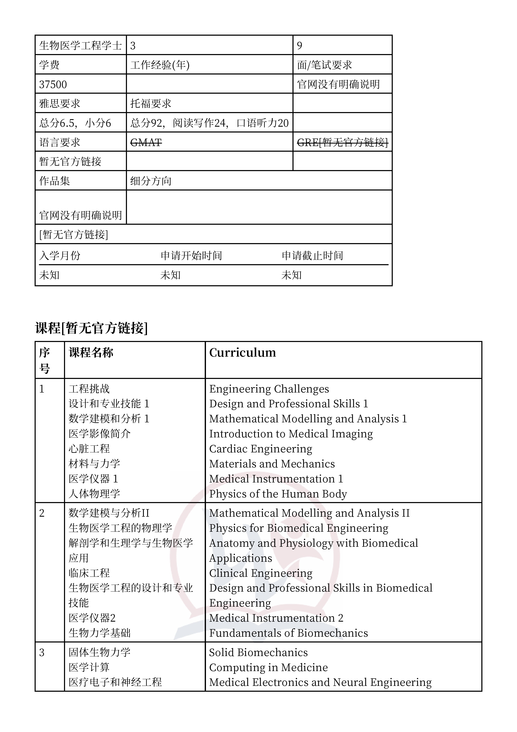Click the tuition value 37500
pyautogui.click(x=53, y=85)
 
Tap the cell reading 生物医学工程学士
pyautogui.click(x=80, y=45)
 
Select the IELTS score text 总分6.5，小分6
pyautogui.click(x=75, y=123)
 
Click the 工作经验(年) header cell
pyautogui.click(x=160, y=65)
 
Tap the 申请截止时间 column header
pyautogui.click(x=312, y=256)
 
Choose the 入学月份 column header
pyautogui.click(x=60, y=256)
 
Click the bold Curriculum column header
pyautogui.click(x=242, y=353)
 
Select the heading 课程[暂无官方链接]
pyautogui.click(x=92, y=328)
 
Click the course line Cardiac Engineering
pyautogui.click(x=261, y=449)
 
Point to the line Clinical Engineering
pyautogui.click(x=261, y=573)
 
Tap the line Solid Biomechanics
pyautogui.click(x=258, y=653)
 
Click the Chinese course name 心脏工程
pyautogui.click(x=89, y=449)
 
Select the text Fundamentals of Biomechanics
pyautogui.click(x=288, y=633)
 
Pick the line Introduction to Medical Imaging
pyautogui.click(x=291, y=434)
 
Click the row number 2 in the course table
pyautogui.click(x=42, y=513)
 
